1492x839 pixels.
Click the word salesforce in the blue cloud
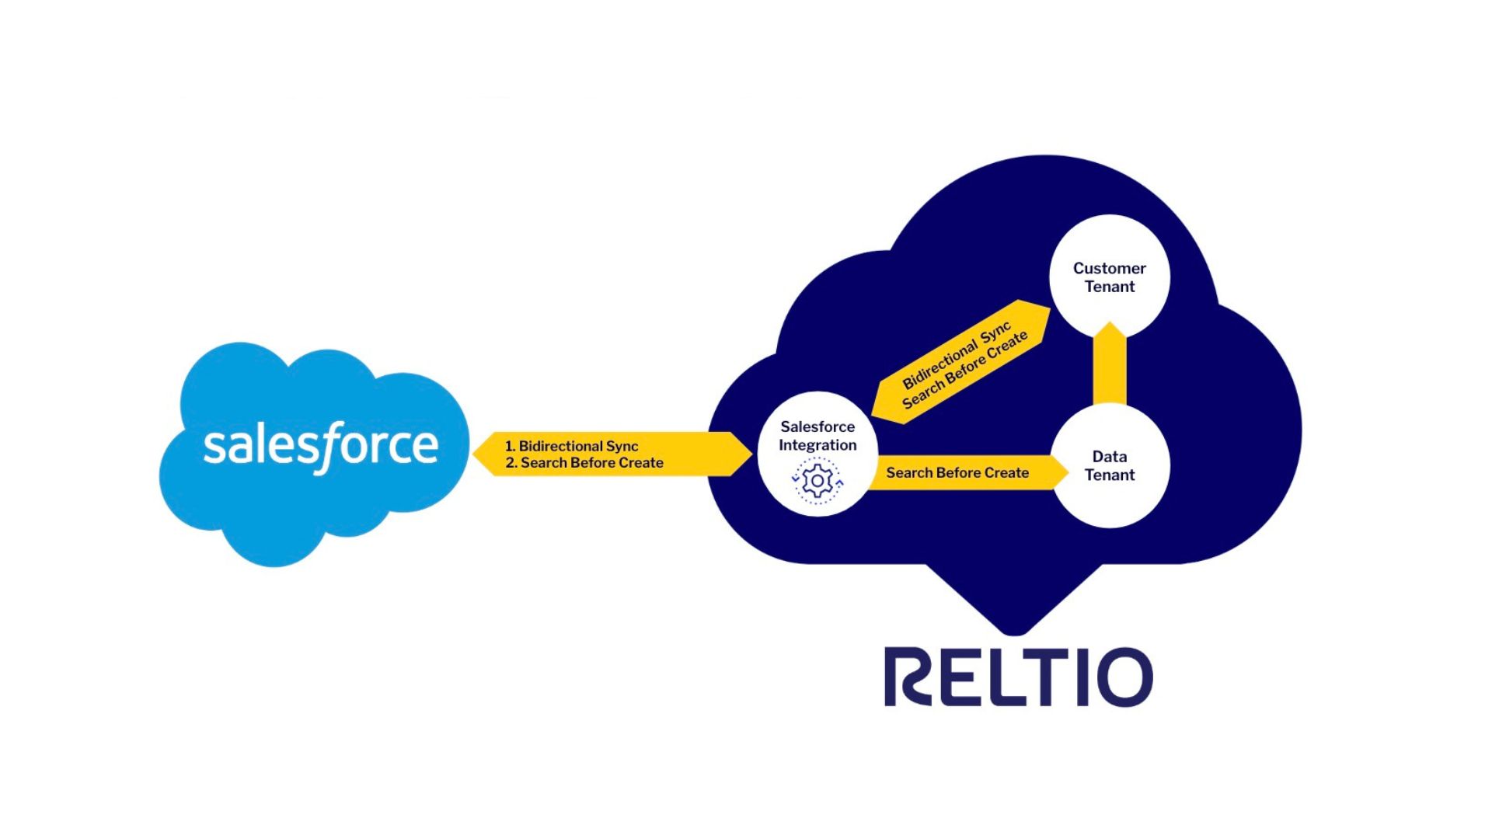[x=320, y=446]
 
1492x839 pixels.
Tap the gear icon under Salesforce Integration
[x=817, y=482]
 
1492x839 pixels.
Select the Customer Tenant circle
[x=1110, y=277]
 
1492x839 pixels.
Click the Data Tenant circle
[x=1110, y=465]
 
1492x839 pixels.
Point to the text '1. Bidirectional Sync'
[x=571, y=446]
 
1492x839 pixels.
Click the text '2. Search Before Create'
[x=584, y=463]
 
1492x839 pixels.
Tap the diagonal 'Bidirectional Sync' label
[x=956, y=353]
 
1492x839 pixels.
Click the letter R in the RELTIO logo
[x=908, y=677]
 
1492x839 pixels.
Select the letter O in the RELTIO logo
[x=1124, y=677]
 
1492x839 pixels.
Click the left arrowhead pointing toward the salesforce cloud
[x=483, y=454]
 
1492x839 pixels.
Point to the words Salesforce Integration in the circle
[x=817, y=436]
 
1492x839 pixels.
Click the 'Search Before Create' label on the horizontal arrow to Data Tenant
[x=957, y=472]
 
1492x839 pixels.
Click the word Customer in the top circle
[x=1109, y=268]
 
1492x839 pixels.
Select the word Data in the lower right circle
[x=1109, y=457]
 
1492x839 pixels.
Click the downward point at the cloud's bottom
[x=1014, y=628]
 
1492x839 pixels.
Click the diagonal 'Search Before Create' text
[x=966, y=371]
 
